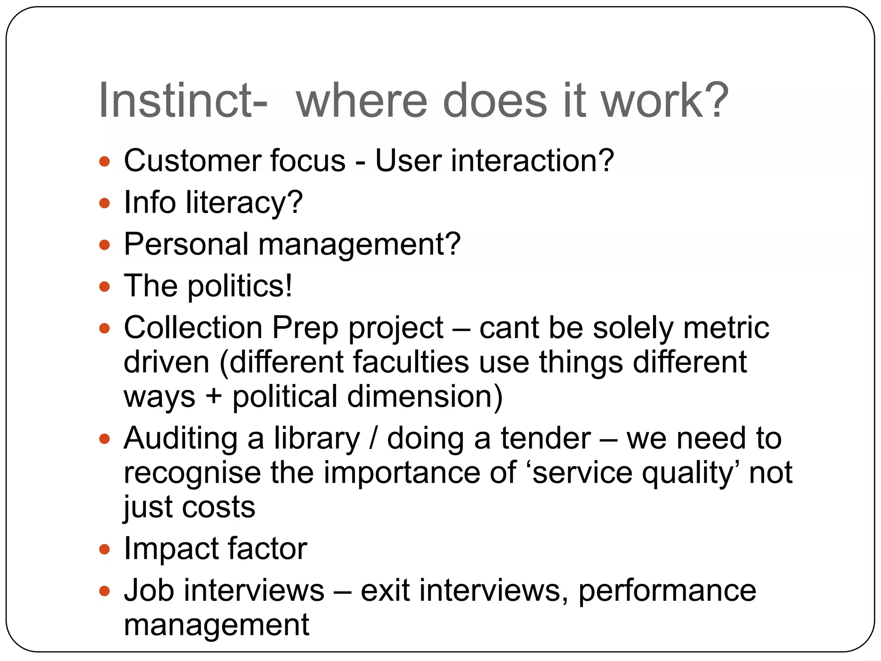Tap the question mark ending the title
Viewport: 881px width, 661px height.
point(715,101)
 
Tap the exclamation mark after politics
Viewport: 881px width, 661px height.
point(288,286)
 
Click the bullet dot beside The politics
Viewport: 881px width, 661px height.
point(105,287)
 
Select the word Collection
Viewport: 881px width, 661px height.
point(193,328)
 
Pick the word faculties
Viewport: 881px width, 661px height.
point(411,362)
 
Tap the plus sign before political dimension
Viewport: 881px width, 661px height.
point(213,396)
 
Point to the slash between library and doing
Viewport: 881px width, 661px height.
point(373,439)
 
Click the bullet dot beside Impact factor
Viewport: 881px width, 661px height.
point(105,550)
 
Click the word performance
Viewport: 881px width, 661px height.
point(666,590)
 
